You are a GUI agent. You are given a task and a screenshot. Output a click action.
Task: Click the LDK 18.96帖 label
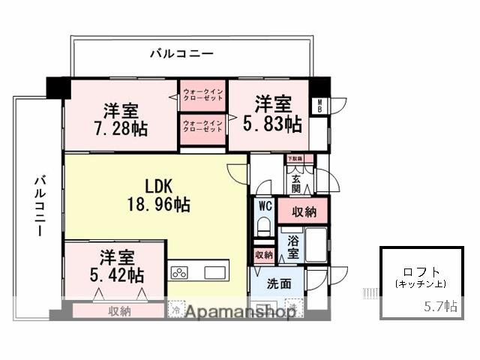[156, 194]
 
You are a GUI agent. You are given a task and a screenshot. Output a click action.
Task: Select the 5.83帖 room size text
[272, 124]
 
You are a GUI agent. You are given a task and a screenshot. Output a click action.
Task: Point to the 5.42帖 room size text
[116, 275]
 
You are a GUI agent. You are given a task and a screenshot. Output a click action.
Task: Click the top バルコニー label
[181, 53]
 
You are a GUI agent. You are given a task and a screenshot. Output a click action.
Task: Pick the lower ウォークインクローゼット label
[203, 126]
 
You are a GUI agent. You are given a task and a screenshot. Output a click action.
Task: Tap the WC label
[264, 205]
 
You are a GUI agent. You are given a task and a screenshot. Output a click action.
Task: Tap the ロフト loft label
[421, 272]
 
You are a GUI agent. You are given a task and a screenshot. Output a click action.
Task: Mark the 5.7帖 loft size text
[440, 306]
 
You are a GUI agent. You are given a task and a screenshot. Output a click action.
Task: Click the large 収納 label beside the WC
[303, 211]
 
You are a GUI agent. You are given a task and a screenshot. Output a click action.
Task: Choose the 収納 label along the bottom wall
[119, 310]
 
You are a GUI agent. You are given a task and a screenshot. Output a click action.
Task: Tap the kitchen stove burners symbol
[180, 271]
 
